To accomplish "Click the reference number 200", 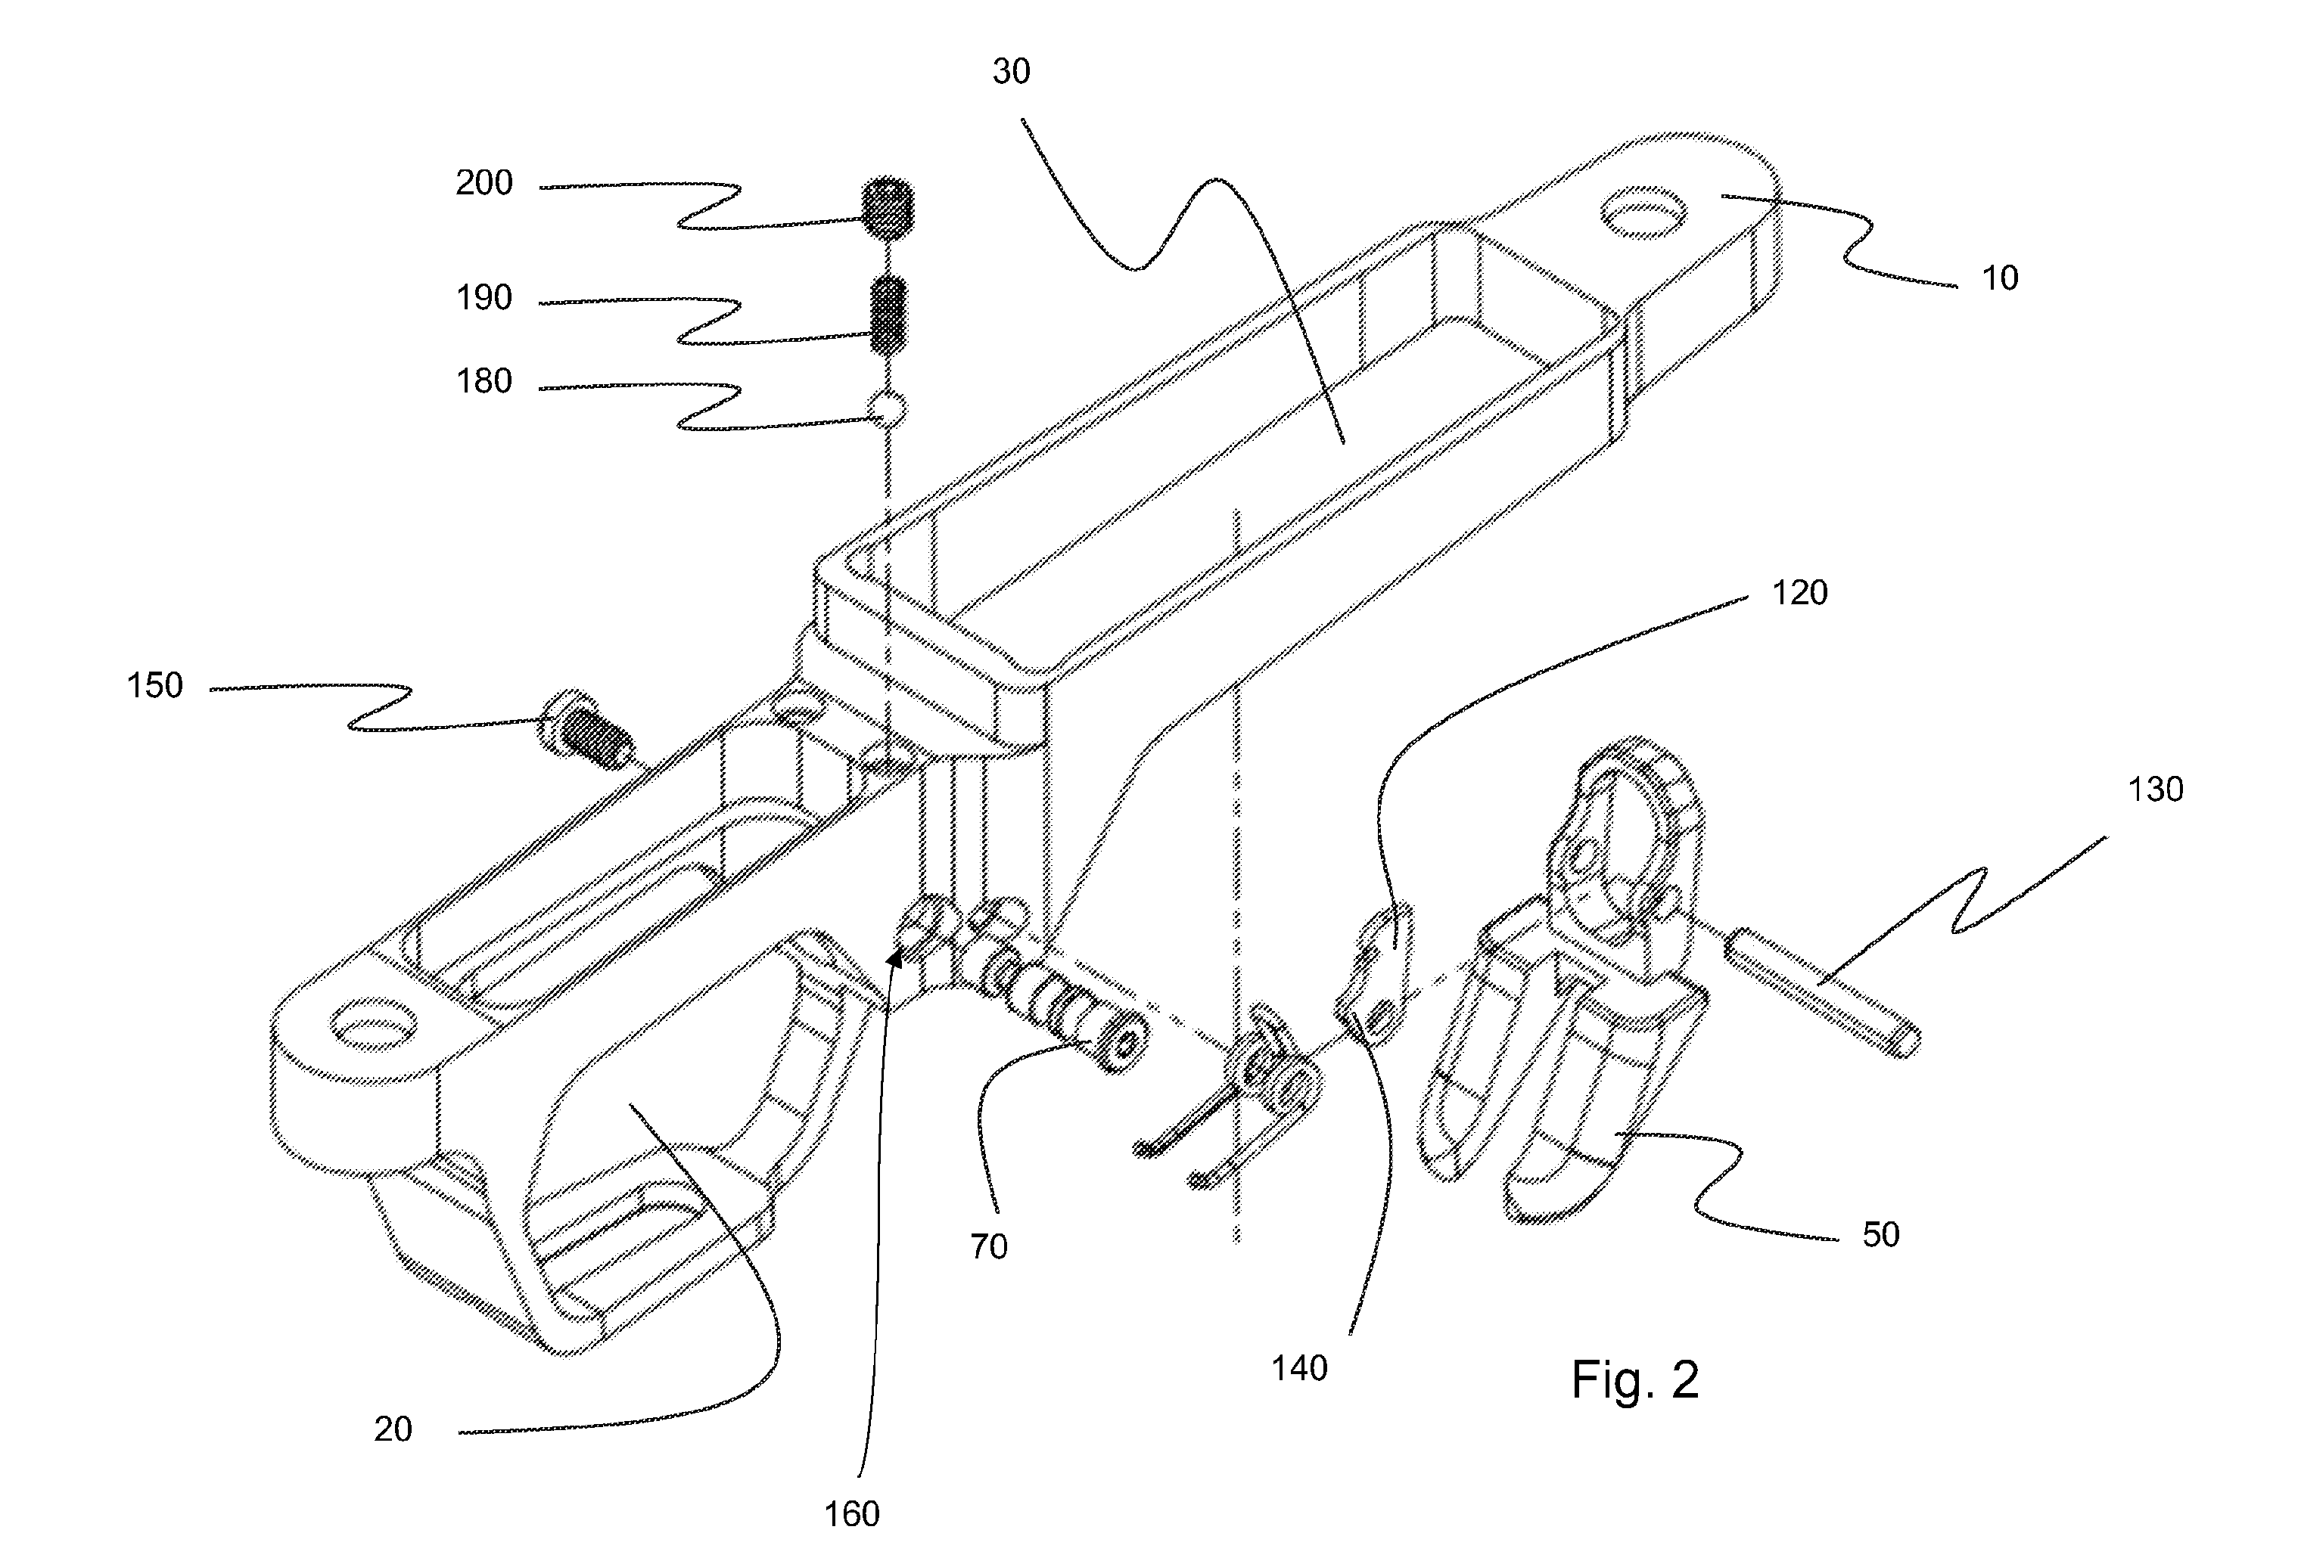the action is (484, 183).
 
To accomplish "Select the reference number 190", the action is (484, 297).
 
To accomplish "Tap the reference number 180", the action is (484, 381).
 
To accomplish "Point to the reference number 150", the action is (154, 685).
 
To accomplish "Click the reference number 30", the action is (1012, 71).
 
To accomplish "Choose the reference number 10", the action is (2000, 278).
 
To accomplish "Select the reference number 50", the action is (1881, 1234).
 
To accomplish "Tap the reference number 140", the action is (1299, 1368).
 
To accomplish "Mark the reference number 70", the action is (988, 1246).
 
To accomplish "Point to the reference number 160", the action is (853, 1513).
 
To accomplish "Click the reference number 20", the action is (393, 1429).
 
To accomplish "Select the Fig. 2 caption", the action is (1634, 1379).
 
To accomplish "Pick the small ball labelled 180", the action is (887, 407).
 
